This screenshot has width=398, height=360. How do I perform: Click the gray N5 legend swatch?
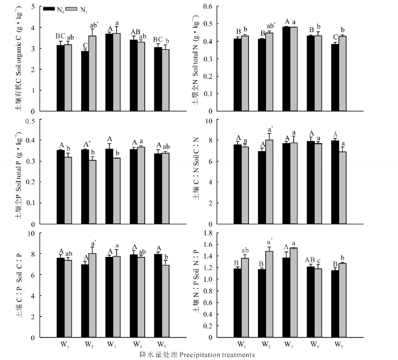tap(72, 9)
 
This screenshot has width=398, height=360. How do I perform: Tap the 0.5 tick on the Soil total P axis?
tap(38, 121)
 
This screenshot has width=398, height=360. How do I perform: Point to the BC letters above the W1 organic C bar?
tap(60, 36)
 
